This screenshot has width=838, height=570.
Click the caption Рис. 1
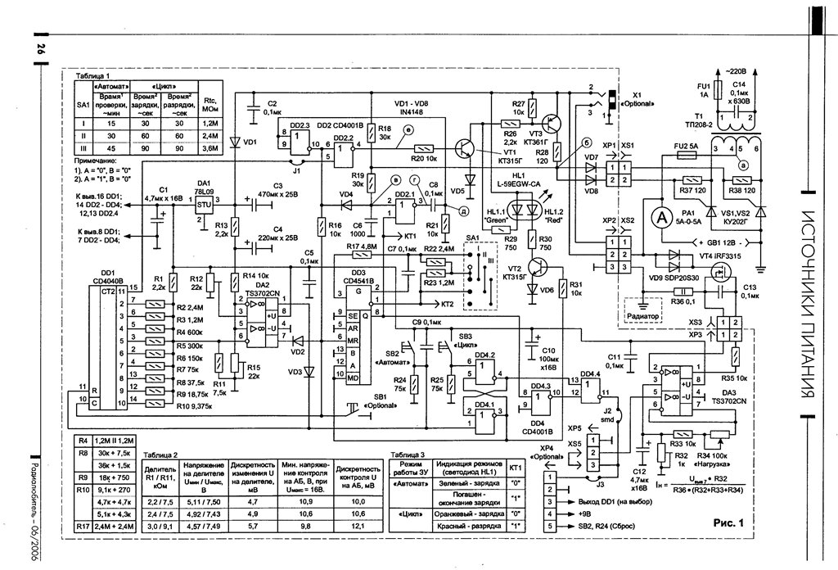point(728,521)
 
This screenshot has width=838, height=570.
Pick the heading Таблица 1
point(96,75)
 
